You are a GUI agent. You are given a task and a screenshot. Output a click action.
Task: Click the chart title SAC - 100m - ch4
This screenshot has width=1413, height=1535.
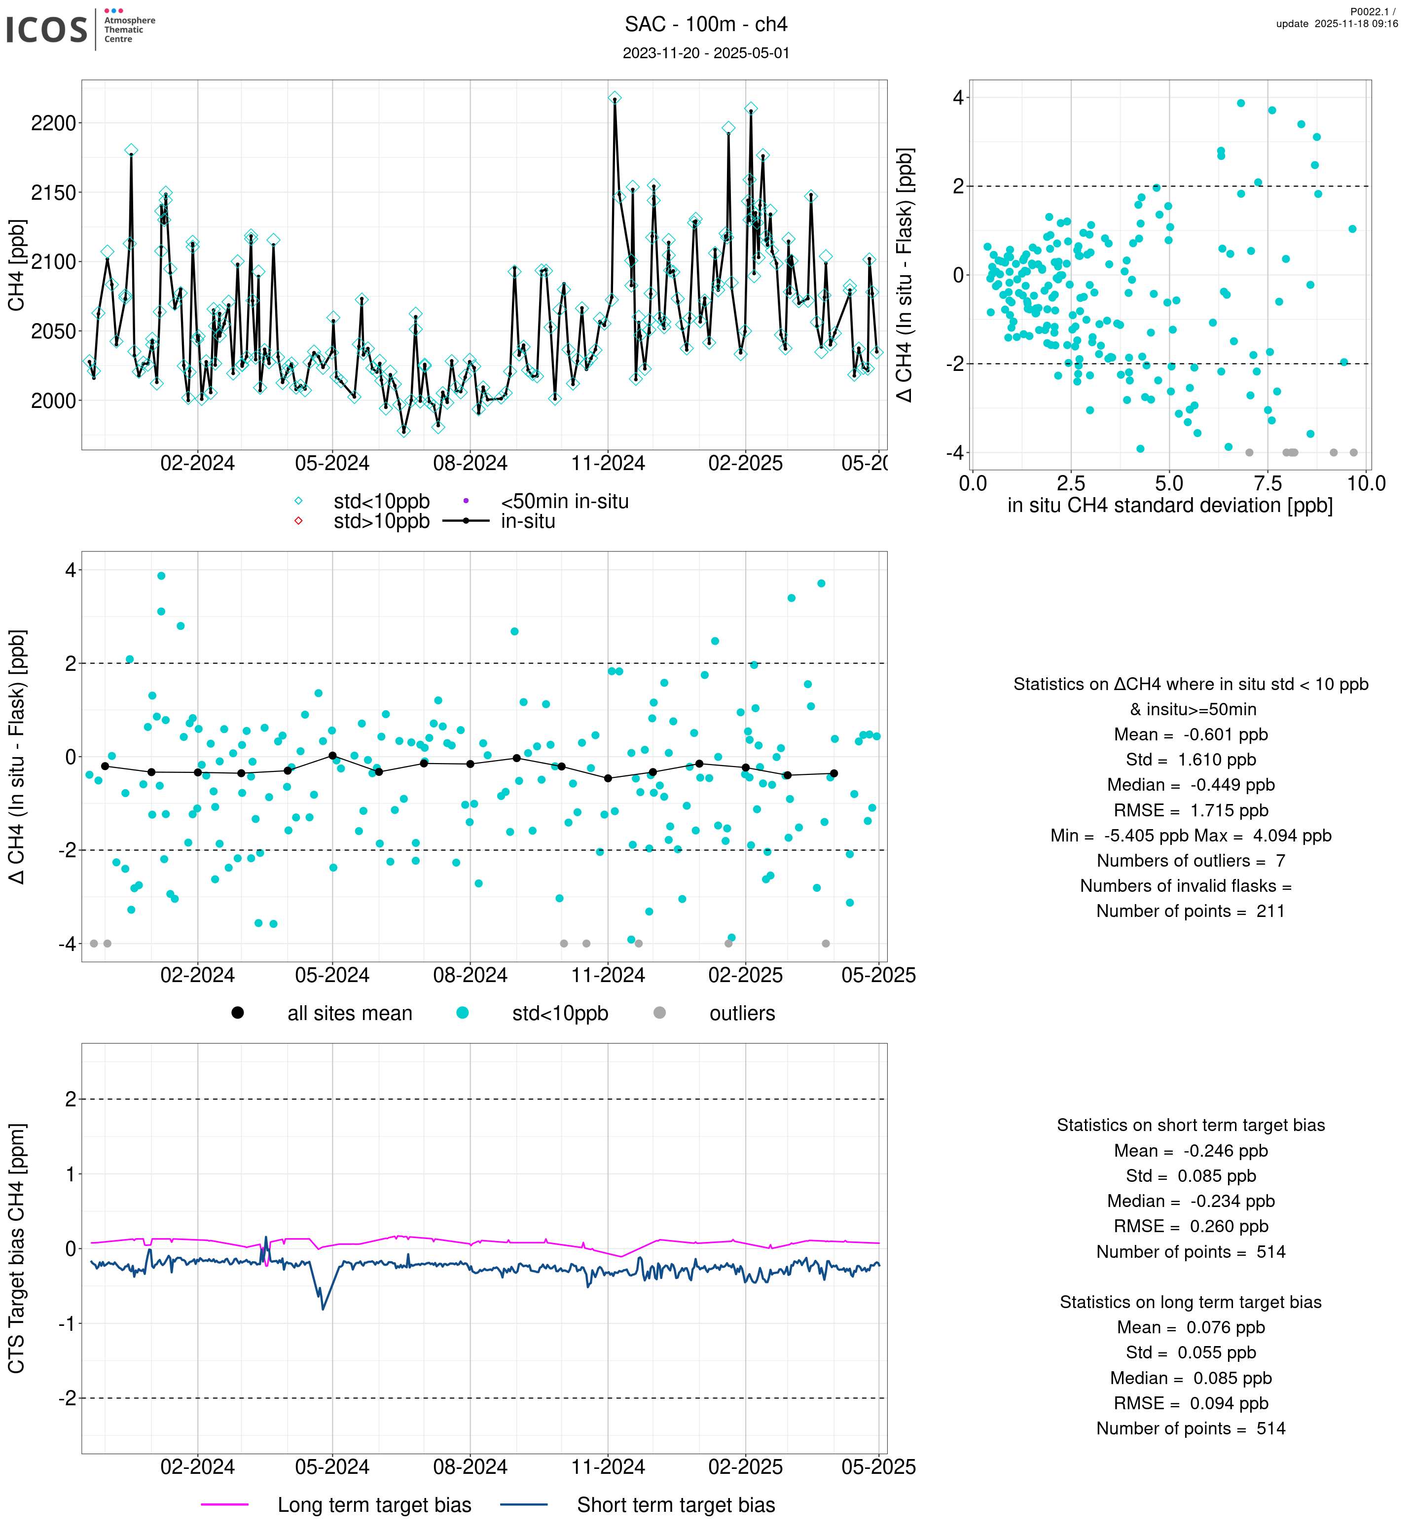tap(706, 25)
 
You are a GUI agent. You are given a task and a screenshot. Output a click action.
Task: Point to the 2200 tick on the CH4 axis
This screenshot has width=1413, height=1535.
tap(54, 123)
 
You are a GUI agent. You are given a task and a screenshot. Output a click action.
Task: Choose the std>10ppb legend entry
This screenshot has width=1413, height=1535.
tap(381, 521)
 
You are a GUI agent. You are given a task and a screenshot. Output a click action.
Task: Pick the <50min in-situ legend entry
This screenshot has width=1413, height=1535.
tap(564, 502)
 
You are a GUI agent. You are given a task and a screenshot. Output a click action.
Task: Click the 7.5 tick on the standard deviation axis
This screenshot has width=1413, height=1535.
tap(1268, 483)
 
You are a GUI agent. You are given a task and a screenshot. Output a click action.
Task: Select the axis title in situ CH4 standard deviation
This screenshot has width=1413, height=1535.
tap(1170, 506)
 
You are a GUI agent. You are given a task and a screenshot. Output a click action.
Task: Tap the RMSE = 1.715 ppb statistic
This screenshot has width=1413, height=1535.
tap(1191, 810)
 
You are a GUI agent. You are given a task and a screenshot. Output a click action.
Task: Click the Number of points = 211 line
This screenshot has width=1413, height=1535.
tap(1191, 911)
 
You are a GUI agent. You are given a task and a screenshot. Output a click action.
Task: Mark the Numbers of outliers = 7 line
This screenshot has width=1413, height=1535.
tap(1191, 860)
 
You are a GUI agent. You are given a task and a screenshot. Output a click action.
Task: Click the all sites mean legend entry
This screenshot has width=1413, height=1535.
tap(349, 1014)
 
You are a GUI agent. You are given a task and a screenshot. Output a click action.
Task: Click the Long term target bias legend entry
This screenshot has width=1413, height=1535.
tap(374, 1505)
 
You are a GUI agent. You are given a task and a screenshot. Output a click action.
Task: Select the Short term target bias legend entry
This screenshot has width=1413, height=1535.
tap(676, 1505)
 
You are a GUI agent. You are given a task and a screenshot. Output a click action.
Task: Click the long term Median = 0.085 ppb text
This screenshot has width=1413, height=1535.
tap(1191, 1378)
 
